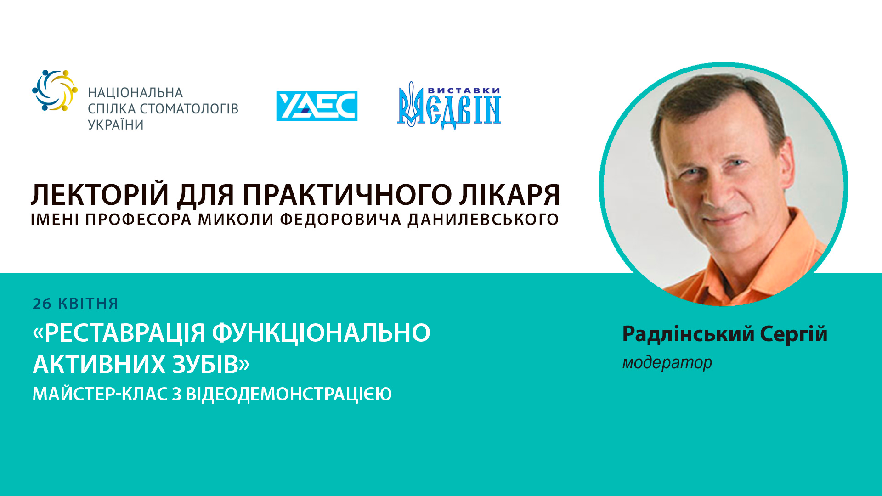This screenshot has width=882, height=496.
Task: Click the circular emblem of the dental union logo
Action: pyautogui.click(x=55, y=90)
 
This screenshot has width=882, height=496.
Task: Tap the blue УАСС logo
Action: pyautogui.click(x=317, y=106)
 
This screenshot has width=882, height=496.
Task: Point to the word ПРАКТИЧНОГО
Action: pyautogui.click(x=347, y=195)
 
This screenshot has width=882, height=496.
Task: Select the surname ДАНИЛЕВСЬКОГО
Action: pyautogui.click(x=483, y=220)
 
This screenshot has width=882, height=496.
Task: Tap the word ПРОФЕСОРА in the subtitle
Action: pyautogui.click(x=138, y=220)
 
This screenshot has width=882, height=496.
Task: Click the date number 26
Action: pyautogui.click(x=42, y=304)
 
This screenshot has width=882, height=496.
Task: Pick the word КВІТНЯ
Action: pyautogui.click(x=88, y=304)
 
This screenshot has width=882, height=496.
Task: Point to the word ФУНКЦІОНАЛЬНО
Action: pyautogui.click(x=321, y=333)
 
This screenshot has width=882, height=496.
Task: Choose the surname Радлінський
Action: pyautogui.click(x=688, y=334)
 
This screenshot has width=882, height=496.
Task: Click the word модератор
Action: pyautogui.click(x=667, y=363)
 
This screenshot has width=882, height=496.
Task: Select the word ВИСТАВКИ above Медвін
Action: pyautogui.click(x=464, y=90)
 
